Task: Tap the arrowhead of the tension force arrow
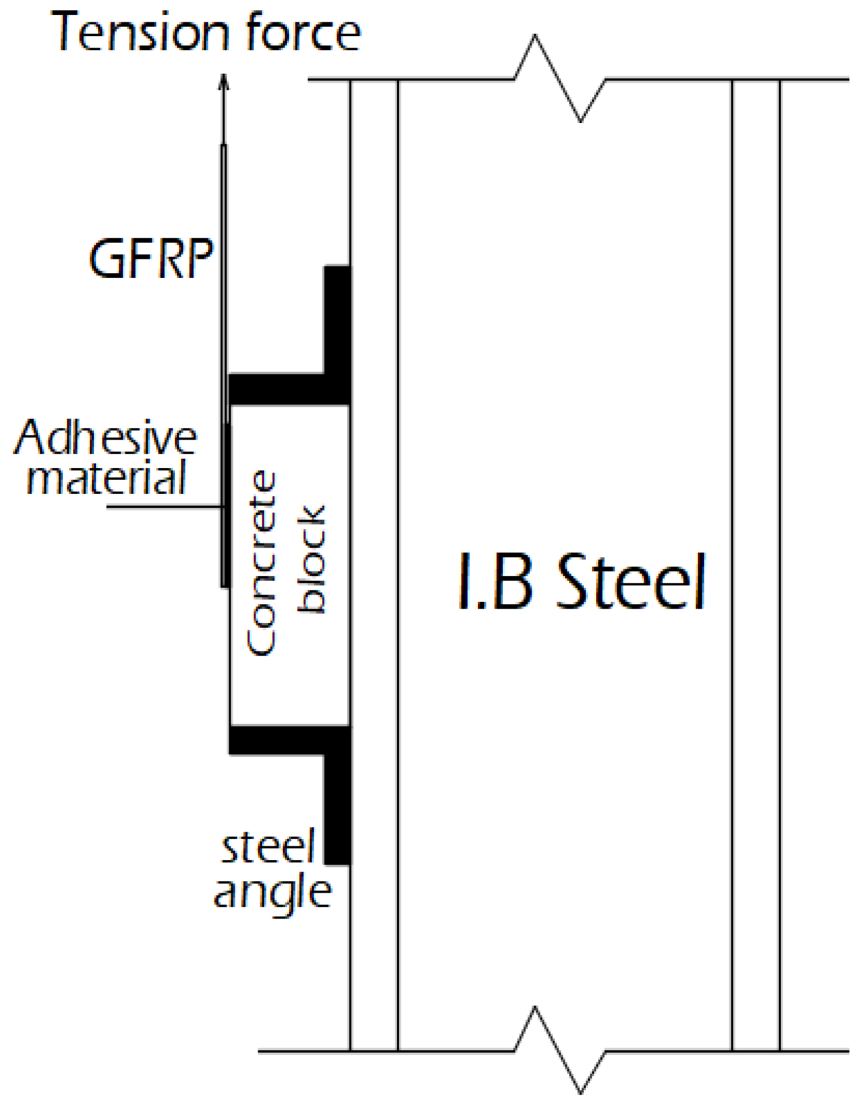click(223, 83)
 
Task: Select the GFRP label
click(151, 259)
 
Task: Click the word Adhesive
click(105, 438)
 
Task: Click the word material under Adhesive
click(106, 478)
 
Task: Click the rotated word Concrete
click(261, 563)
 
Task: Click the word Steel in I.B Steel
click(631, 582)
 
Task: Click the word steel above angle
click(268, 847)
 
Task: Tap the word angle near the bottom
click(273, 892)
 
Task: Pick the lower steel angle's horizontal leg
click(279, 740)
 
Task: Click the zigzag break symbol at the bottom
click(557, 1050)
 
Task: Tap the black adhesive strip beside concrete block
click(226, 506)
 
